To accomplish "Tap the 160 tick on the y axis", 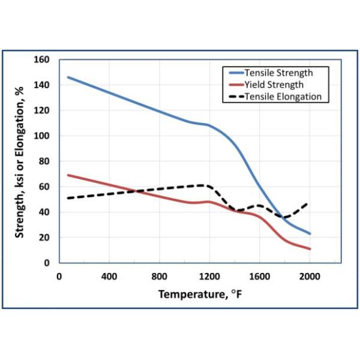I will [43, 60].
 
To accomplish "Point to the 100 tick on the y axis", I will [43, 136].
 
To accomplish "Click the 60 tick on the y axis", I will [45, 187].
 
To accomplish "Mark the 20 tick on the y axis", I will [45, 238].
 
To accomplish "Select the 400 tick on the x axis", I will [109, 277].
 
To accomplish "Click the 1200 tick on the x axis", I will [209, 277].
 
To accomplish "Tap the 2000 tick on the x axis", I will [310, 277].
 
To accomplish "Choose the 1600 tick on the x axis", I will [259, 277].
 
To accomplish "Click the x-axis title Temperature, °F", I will [200, 295].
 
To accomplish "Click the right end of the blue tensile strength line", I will [310, 233].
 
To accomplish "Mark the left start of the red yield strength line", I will [68, 175].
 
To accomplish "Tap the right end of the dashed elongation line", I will [310, 202].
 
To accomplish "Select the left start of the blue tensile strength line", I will [68, 77].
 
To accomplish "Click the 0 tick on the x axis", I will [59, 277].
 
